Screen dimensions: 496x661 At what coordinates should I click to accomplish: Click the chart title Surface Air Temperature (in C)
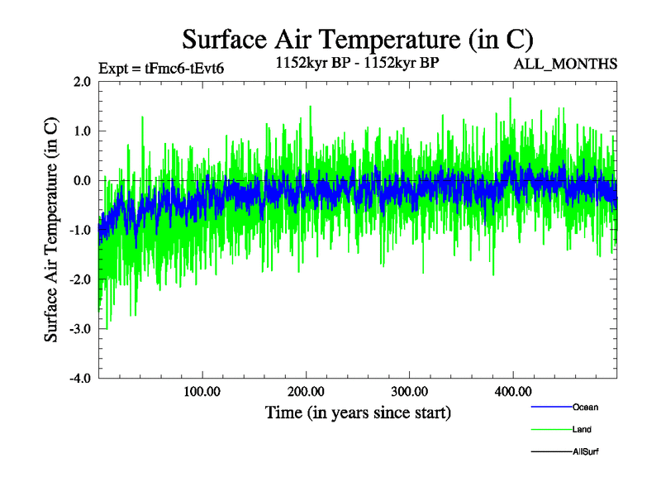[358, 39]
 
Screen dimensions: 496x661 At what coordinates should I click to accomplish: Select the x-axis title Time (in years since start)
[358, 412]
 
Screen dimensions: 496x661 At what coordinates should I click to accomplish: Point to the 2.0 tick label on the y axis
[82, 82]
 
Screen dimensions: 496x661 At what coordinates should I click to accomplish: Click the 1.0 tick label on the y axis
[82, 131]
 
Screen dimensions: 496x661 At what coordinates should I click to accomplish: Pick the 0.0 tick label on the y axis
[82, 181]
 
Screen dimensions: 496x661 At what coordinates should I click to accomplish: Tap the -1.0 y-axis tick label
[80, 231]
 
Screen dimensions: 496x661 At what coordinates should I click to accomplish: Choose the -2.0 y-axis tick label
[80, 280]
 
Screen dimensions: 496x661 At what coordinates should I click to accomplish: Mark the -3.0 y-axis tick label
[80, 330]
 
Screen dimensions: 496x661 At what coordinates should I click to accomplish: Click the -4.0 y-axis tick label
[80, 379]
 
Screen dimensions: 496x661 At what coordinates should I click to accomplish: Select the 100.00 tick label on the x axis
[202, 392]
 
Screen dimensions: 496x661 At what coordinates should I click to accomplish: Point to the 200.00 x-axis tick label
[306, 392]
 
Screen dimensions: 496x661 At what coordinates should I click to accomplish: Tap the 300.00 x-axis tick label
[409, 392]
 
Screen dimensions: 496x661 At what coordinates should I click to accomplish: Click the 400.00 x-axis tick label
[512, 392]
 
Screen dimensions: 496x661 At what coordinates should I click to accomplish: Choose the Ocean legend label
[585, 407]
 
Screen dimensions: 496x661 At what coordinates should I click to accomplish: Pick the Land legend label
[582, 429]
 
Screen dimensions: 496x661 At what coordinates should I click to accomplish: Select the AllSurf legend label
[586, 451]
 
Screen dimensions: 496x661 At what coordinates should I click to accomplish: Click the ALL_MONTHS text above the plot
[565, 64]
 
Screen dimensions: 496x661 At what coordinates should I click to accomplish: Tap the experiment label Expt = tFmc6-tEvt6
[161, 69]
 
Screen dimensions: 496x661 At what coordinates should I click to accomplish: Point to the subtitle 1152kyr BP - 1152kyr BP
[357, 61]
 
